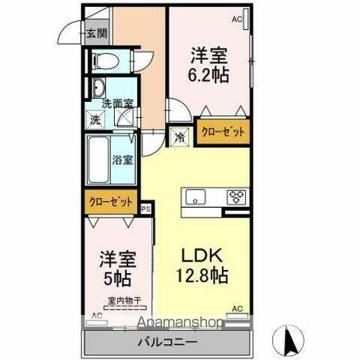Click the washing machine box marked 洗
click(94, 119)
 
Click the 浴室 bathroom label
click(122, 159)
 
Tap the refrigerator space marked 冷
click(180, 137)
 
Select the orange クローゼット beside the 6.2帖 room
click(222, 132)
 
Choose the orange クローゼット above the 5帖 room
click(111, 202)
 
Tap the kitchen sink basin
click(196, 198)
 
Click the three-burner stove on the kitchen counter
click(238, 198)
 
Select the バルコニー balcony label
click(166, 343)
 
